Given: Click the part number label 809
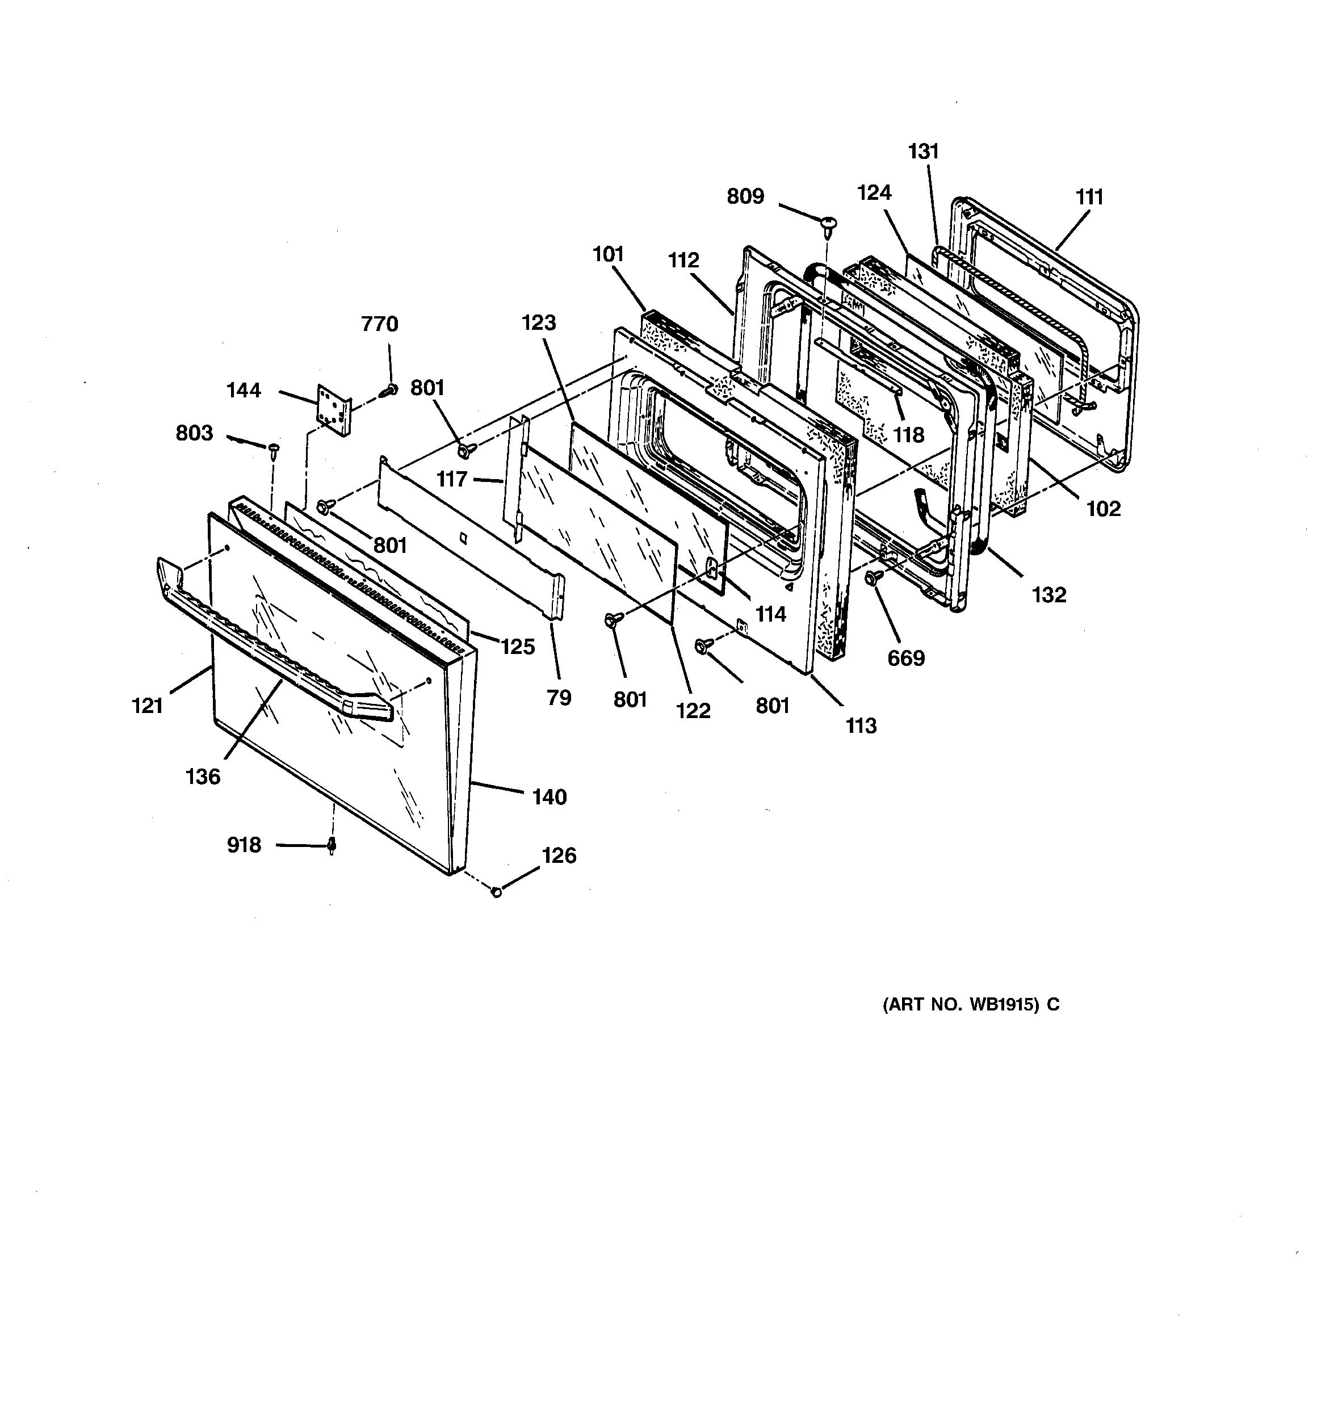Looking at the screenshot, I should click(x=745, y=196).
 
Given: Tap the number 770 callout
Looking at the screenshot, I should click(x=380, y=324).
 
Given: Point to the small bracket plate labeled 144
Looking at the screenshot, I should click(x=334, y=410).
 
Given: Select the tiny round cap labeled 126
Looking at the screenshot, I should click(x=496, y=892).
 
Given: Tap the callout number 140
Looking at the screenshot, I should click(x=550, y=796).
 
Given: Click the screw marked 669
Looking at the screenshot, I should click(x=870, y=578).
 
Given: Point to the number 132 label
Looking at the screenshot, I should click(x=1048, y=594).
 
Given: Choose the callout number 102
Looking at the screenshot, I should click(x=1103, y=508).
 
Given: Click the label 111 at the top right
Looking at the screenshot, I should click(x=1089, y=196).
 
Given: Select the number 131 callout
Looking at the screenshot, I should click(x=923, y=150).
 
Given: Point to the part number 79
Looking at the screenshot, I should click(x=559, y=698).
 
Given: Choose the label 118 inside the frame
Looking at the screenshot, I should click(x=908, y=435).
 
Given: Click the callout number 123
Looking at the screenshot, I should click(x=539, y=322).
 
